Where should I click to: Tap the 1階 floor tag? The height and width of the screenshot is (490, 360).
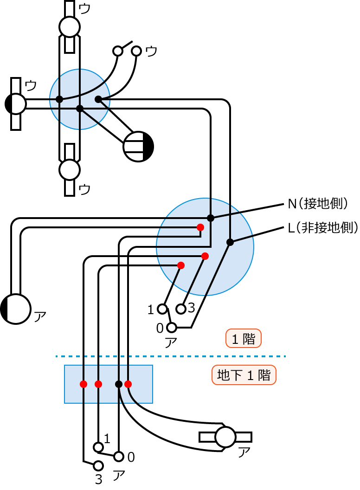(x=244, y=339)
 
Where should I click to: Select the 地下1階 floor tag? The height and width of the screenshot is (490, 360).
(x=244, y=375)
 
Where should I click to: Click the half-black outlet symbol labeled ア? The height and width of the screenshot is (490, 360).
(x=16, y=309)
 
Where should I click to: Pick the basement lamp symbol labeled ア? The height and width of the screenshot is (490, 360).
(x=225, y=437)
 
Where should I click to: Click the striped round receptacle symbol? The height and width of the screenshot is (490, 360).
(x=138, y=147)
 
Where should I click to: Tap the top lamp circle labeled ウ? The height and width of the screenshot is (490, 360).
(x=70, y=26)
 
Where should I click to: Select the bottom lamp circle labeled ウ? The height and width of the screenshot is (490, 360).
(x=70, y=170)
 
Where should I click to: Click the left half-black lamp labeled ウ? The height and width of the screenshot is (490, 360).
(x=16, y=104)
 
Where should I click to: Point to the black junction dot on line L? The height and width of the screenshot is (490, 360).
(x=230, y=242)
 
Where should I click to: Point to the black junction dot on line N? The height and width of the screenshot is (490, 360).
(x=211, y=218)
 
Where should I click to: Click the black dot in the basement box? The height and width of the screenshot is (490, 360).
(x=118, y=384)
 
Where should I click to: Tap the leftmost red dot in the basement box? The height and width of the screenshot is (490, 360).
(x=84, y=384)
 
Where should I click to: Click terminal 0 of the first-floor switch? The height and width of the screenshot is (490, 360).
(x=172, y=328)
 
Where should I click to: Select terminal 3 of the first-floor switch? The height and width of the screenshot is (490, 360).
(x=181, y=309)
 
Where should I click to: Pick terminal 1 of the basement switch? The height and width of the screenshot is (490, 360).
(x=98, y=447)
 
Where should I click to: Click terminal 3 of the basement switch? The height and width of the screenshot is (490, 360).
(x=98, y=465)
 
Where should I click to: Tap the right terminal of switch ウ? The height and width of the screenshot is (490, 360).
(x=136, y=51)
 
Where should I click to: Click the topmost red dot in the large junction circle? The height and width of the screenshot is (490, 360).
(x=200, y=227)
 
